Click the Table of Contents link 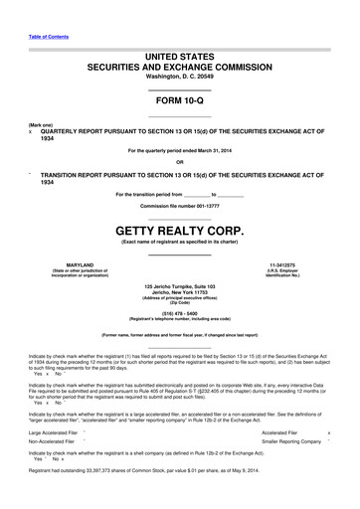pyautogui.click(x=49, y=36)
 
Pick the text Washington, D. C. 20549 pyautogui.click(x=179, y=77)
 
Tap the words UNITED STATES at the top pyautogui.click(x=179, y=57)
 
